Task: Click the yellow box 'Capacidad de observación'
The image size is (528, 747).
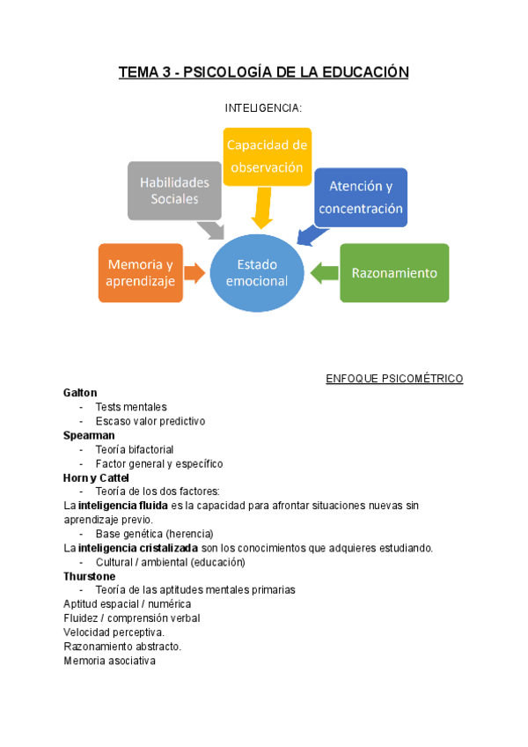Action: (266, 156)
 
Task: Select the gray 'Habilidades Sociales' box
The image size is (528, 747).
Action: (174, 190)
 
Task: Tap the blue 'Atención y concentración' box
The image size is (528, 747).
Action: (361, 197)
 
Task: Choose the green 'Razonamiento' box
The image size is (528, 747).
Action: (394, 273)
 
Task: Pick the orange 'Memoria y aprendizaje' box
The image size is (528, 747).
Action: (141, 272)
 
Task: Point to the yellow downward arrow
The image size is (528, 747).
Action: (261, 211)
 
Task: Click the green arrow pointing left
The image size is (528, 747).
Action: (323, 272)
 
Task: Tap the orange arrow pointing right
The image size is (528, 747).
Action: (196, 273)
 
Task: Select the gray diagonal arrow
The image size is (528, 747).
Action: (211, 230)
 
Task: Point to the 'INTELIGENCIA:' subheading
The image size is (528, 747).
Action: (264, 108)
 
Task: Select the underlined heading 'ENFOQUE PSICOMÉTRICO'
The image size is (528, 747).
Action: (394, 379)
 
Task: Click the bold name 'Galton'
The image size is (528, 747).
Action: (80, 393)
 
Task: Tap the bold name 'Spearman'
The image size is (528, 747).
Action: (89, 435)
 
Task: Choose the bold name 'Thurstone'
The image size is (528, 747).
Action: (90, 576)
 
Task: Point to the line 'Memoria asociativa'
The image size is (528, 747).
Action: (109, 661)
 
